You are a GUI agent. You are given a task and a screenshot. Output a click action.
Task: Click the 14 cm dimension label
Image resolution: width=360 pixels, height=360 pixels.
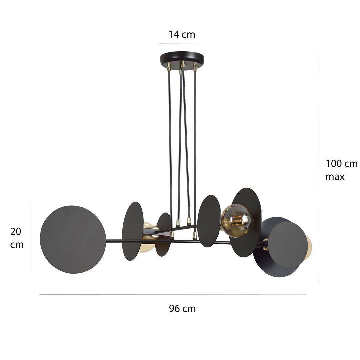[x=182, y=34]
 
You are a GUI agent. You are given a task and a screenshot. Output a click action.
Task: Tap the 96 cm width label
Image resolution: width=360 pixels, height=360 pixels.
[x=182, y=309]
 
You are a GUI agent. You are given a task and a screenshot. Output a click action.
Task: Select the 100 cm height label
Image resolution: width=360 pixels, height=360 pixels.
[x=341, y=164]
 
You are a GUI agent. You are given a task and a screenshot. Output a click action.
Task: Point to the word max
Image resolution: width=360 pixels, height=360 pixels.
[x=335, y=177]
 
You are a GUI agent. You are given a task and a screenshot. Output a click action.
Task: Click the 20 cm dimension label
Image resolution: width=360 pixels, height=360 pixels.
[x=17, y=238]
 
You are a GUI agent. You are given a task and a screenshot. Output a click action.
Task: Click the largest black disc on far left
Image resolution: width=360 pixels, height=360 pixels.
[x=73, y=239]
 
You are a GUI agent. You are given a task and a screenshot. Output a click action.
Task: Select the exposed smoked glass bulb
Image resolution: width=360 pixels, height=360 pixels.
[x=237, y=220]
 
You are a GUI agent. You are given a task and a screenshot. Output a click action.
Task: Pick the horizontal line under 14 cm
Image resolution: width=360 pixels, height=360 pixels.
[x=182, y=43]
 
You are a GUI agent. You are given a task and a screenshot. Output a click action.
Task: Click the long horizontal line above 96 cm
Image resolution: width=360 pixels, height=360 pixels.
[x=172, y=294]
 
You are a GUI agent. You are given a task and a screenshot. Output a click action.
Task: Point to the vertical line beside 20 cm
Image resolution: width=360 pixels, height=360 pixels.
[x=31, y=238]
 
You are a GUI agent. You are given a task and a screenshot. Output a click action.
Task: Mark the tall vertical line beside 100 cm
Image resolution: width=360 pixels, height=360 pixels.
[x=319, y=167]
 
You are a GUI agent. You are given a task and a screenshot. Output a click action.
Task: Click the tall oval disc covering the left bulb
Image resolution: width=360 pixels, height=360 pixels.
[x=132, y=231]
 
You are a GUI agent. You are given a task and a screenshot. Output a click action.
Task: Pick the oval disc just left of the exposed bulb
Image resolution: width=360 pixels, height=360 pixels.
[x=209, y=221]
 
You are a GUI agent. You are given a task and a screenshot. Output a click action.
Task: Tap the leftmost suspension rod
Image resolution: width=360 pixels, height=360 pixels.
[x=170, y=150]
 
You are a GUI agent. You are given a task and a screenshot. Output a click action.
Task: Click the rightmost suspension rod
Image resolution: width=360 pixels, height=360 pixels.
[x=195, y=150]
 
